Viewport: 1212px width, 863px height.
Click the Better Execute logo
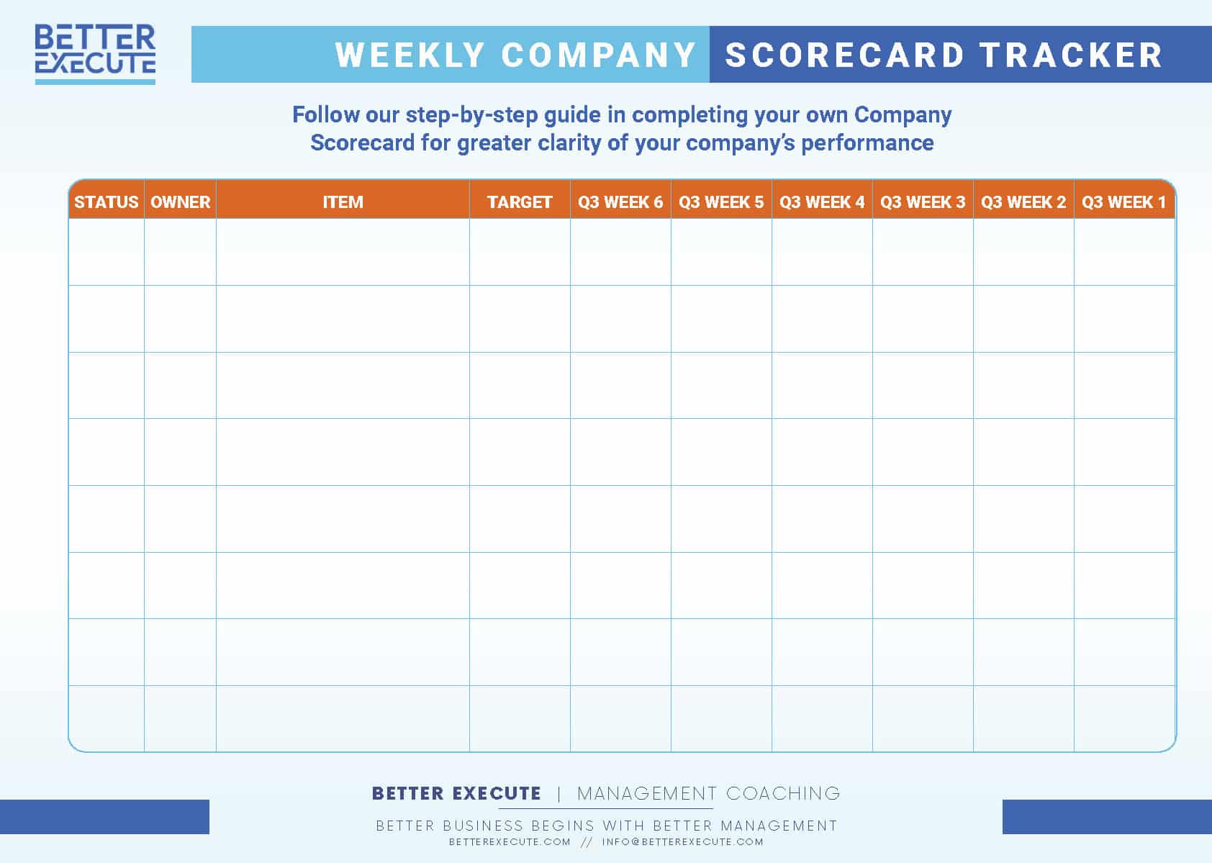[x=95, y=53]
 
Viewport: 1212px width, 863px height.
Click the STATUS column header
[x=106, y=202]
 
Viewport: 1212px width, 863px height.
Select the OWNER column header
[x=180, y=202]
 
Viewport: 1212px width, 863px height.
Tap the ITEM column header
[x=343, y=202]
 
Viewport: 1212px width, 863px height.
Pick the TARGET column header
[x=520, y=202]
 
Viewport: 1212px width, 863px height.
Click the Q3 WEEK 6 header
[x=620, y=202]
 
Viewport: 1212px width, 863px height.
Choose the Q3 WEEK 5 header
[x=721, y=202]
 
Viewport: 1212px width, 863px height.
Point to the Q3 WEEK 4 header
[x=822, y=202]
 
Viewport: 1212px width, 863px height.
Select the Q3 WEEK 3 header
[x=923, y=202]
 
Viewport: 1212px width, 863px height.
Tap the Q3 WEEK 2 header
[x=1023, y=202]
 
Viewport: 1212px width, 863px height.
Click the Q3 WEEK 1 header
[x=1123, y=202]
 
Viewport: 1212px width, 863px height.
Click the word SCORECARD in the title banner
[x=845, y=55]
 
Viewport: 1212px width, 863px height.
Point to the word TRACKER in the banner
[x=1072, y=55]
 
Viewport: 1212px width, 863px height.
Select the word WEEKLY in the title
[x=410, y=55]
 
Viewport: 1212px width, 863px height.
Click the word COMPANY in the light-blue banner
[x=598, y=55]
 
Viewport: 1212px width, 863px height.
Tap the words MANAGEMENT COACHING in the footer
[x=708, y=793]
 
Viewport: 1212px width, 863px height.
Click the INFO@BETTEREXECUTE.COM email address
[x=682, y=842]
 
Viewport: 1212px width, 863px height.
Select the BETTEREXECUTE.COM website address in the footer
[x=510, y=842]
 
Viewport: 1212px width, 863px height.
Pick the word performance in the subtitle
[x=867, y=143]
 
